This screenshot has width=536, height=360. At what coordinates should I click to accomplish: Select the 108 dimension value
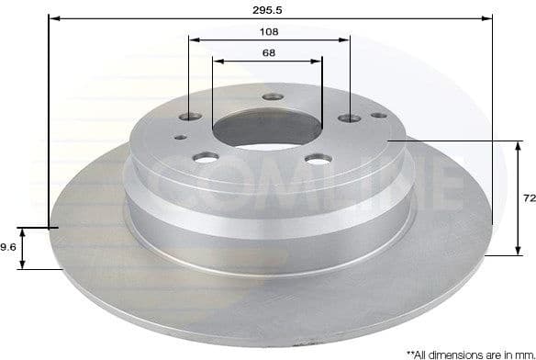(x=269, y=30)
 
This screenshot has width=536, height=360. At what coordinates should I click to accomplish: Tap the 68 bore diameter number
(x=268, y=52)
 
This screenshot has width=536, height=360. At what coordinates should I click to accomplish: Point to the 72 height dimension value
(x=529, y=197)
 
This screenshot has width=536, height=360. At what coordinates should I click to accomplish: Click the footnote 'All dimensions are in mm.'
(x=469, y=353)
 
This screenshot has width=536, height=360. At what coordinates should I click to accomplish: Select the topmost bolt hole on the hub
(x=269, y=97)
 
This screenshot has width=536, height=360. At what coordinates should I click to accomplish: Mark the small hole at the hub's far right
(x=376, y=116)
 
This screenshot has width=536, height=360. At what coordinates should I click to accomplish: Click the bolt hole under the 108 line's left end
(x=190, y=117)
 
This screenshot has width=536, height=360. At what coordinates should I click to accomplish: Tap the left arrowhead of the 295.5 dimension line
(x=51, y=17)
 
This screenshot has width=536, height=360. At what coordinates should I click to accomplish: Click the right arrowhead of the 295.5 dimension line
(x=490, y=17)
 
